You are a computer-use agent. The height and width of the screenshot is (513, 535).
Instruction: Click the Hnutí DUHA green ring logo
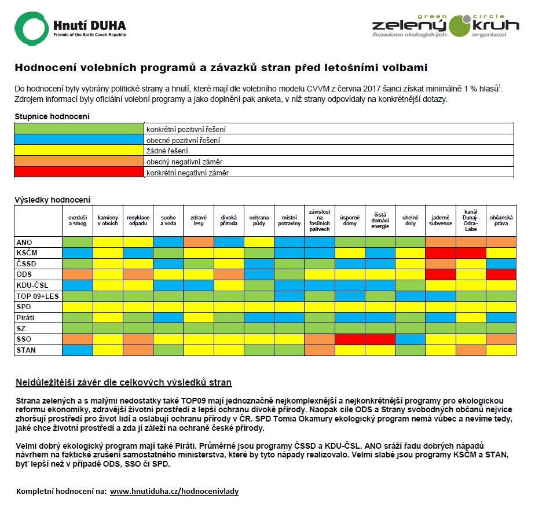pyautogui.click(x=19, y=28)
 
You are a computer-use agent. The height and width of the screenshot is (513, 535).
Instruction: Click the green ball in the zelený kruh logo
pyautogui.click(x=460, y=26)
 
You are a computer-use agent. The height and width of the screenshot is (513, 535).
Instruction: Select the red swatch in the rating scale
pyautogui.click(x=79, y=172)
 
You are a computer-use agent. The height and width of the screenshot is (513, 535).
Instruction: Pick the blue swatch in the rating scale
pyautogui.click(x=79, y=139)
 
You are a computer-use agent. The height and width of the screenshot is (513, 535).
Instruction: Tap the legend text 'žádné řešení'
pyautogui.click(x=167, y=151)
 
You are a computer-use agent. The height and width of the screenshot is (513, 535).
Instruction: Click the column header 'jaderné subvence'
pyautogui.click(x=441, y=221)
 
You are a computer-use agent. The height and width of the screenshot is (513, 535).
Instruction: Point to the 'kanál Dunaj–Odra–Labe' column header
pyautogui.click(x=471, y=221)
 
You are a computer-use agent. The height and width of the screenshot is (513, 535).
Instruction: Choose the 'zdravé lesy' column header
pyautogui.click(x=199, y=221)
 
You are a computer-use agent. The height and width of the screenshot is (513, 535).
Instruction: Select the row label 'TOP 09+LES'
pyautogui.click(x=38, y=296)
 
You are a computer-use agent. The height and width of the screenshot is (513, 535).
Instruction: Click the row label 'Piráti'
pyautogui.click(x=25, y=317)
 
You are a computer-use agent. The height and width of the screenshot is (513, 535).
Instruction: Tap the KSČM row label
pyautogui.click(x=27, y=253)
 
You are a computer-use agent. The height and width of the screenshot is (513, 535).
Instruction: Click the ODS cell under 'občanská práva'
pyautogui.click(x=501, y=274)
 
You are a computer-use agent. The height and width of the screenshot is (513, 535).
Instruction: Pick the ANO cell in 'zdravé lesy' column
pyautogui.click(x=199, y=242)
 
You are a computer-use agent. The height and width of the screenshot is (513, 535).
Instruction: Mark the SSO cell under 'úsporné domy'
pyautogui.click(x=350, y=339)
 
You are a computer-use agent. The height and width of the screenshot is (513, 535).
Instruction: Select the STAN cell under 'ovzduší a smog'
pyautogui.click(x=78, y=350)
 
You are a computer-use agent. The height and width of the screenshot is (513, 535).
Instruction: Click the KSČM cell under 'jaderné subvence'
pyautogui.click(x=441, y=253)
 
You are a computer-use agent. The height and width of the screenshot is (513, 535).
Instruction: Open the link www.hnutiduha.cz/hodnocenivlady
pyautogui.click(x=174, y=491)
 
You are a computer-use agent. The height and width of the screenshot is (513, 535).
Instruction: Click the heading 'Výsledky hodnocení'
pyautogui.click(x=53, y=200)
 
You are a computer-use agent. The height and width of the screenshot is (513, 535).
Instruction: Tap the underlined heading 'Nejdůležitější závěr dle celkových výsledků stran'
pyautogui.click(x=124, y=382)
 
